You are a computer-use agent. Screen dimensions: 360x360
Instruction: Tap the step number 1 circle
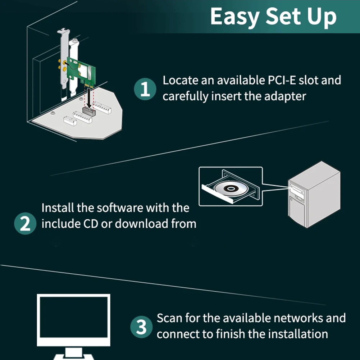(x=145, y=89)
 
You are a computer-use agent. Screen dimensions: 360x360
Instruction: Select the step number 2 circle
(x=25, y=224)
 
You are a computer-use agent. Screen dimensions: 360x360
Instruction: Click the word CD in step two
(x=91, y=224)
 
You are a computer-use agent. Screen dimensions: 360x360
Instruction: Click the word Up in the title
(x=322, y=17)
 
